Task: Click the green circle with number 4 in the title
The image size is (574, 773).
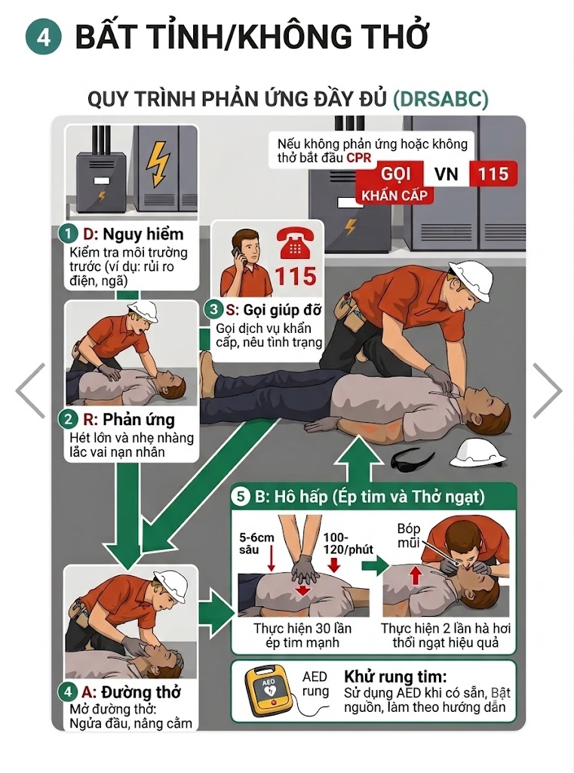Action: pos(43,36)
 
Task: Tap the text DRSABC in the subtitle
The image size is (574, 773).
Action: pos(440,99)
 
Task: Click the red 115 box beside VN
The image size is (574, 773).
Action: pos(493,174)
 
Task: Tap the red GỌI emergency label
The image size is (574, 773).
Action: pos(397,174)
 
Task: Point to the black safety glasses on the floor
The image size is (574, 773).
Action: pos(412,458)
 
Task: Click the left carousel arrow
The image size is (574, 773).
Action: pos(30,390)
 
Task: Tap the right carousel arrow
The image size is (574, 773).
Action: pos(548,390)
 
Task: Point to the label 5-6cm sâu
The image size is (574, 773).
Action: pos(256,544)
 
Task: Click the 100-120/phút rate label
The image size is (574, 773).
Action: pos(348,544)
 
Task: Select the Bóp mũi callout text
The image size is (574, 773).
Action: pos(409,535)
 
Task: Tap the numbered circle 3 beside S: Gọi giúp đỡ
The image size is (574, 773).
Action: pos(213,310)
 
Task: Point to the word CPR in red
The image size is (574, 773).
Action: pos(359,158)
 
